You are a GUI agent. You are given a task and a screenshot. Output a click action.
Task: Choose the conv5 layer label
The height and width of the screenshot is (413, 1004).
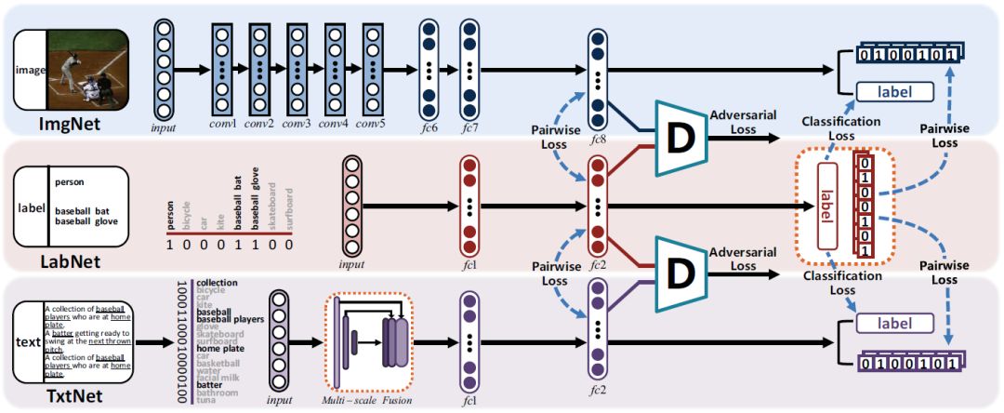click(371, 126)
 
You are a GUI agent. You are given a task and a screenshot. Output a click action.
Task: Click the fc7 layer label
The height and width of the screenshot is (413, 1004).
click(471, 126)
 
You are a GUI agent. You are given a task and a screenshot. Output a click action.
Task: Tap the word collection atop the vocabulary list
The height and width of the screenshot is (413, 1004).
click(217, 282)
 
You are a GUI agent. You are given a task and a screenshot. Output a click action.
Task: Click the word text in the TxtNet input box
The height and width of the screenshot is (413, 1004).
click(28, 341)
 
